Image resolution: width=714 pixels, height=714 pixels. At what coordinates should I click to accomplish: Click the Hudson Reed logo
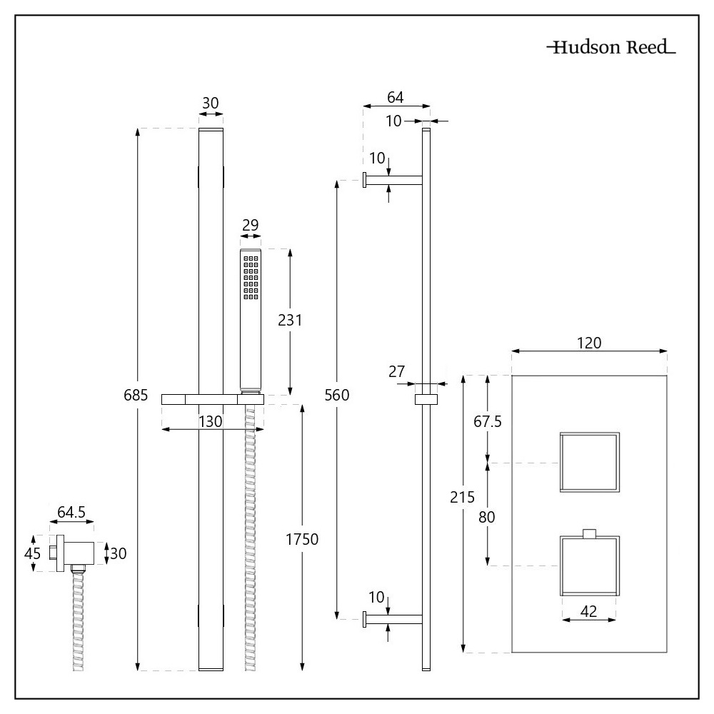pos(610,49)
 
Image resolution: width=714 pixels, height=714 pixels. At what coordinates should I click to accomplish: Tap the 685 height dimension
pos(136,395)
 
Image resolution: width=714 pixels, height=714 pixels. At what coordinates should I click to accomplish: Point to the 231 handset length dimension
pos(291,321)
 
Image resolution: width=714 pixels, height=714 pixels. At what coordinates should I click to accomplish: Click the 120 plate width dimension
pos(590,342)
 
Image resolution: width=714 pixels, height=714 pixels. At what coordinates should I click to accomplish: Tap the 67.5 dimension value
pos(488,421)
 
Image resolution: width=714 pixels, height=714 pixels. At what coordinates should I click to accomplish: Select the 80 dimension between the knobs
pos(487,516)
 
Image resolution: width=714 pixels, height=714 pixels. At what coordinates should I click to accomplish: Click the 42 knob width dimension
pos(590,610)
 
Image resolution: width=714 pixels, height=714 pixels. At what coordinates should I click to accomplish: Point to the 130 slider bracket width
pos(211,421)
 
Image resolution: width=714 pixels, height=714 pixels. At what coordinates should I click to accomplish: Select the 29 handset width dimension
pos(250,226)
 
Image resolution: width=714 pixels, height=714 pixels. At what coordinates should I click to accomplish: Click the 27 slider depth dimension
pos(398,371)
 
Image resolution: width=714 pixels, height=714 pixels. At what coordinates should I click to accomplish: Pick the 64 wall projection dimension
pos(396,96)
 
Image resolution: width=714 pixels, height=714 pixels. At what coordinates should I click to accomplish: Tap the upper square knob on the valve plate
pos(590,463)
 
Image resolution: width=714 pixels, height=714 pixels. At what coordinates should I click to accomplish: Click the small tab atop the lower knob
pos(590,533)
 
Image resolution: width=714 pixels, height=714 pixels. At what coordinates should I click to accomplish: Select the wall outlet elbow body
pos(77,553)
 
